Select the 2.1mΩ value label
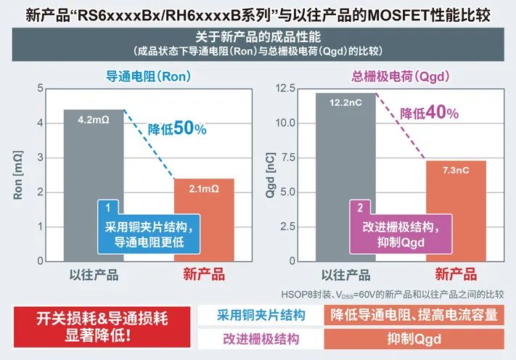pyautogui.click(x=204, y=188)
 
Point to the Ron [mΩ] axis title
pyautogui.click(x=19, y=174)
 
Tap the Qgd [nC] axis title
pyautogui.click(x=271, y=174)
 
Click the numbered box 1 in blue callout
pyautogui.click(x=107, y=207)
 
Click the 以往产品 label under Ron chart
pyautogui.click(x=94, y=274)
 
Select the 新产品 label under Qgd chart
pyautogui.click(x=456, y=274)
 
